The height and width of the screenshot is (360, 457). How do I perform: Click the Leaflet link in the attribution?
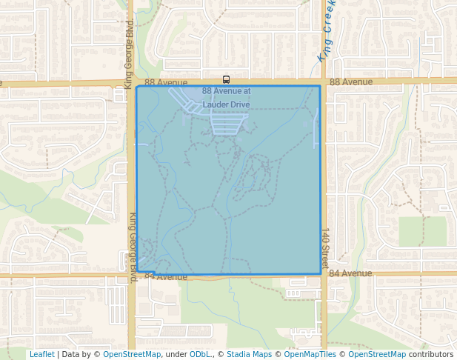pyautogui.click(x=41, y=354)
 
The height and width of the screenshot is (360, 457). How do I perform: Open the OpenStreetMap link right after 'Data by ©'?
pyautogui.click(x=132, y=354)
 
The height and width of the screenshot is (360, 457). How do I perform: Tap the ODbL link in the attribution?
pyautogui.click(x=201, y=354)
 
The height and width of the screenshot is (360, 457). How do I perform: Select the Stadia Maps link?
pyautogui.click(x=250, y=354)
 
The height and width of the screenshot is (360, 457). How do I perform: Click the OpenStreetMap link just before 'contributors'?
pyautogui.click(x=377, y=354)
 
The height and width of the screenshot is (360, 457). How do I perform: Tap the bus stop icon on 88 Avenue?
pyautogui.click(x=226, y=79)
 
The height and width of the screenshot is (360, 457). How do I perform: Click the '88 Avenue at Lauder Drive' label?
pyautogui.click(x=226, y=98)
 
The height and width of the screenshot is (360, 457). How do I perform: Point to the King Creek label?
pyautogui.click(x=327, y=33)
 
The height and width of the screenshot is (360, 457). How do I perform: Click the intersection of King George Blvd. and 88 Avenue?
pyautogui.click(x=131, y=82)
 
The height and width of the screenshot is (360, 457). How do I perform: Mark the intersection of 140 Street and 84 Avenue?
pyautogui.click(x=324, y=275)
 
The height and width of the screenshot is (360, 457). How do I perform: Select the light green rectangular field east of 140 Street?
pyautogui.click(x=422, y=231)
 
